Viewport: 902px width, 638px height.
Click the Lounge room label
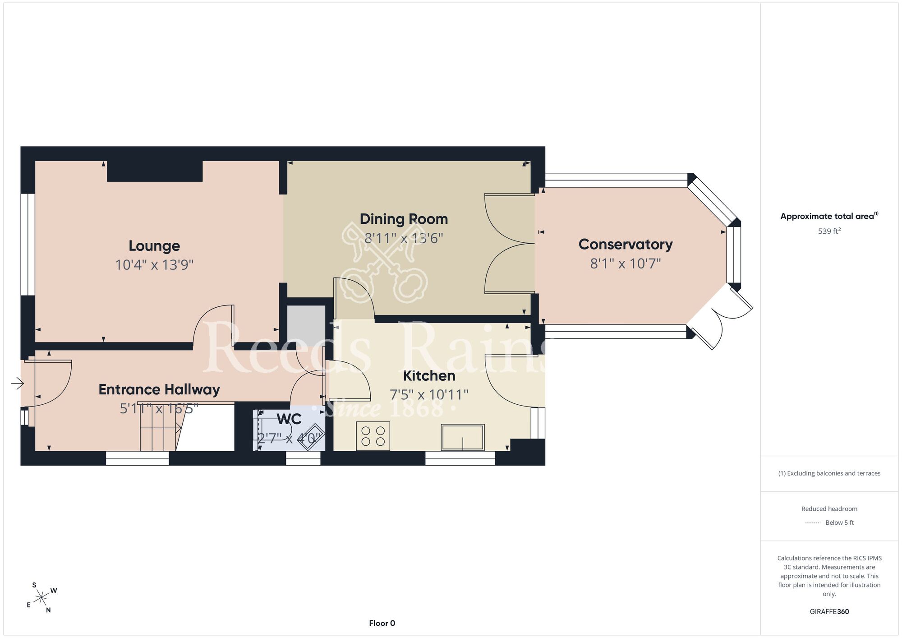coord(154,246)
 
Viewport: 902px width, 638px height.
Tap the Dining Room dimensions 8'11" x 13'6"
coord(404,238)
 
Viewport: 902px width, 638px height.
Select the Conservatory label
coord(626,245)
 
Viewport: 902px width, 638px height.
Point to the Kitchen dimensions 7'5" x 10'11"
coord(429,395)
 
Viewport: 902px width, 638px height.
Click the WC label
coord(289,419)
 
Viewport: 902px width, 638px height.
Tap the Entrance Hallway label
coord(159,390)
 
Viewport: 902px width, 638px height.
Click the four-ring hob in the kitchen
coord(373,436)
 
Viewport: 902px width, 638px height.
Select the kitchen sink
coord(463,437)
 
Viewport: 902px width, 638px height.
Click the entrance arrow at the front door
coord(18,384)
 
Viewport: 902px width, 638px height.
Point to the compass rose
coord(41,598)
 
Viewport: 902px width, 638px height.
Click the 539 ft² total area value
coord(829,231)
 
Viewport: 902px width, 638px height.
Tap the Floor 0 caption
coord(382,623)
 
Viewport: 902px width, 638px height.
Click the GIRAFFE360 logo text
coord(829,612)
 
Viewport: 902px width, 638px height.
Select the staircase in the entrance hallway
coord(160,426)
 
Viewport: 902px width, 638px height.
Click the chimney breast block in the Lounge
coord(155,171)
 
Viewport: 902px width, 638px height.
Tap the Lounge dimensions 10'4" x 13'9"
coord(154,265)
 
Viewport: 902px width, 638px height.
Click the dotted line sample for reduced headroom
coord(813,523)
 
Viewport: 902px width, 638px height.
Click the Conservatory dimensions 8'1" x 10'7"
coord(626,264)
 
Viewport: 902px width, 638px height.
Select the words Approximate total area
coord(827,216)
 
